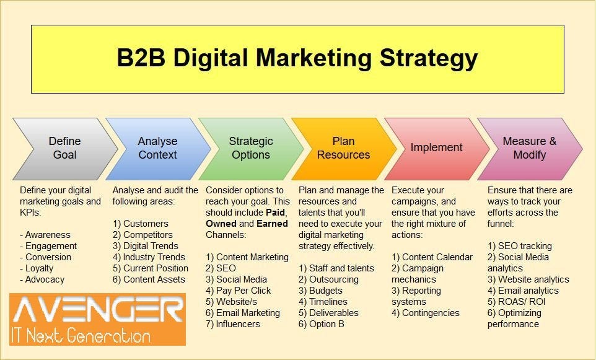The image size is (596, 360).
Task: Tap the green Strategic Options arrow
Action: pos(250,148)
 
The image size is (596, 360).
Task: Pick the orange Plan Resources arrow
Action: pos(343,148)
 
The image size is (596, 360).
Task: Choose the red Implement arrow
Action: pos(436,147)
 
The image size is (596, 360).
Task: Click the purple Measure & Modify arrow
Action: pos(529,148)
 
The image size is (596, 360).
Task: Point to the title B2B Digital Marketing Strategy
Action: pos(297,58)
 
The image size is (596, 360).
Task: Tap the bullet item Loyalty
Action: pos(39,268)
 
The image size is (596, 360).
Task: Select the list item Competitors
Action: pos(148,235)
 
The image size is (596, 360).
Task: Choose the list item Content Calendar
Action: pos(437,257)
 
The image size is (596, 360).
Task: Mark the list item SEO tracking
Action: pos(525,246)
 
